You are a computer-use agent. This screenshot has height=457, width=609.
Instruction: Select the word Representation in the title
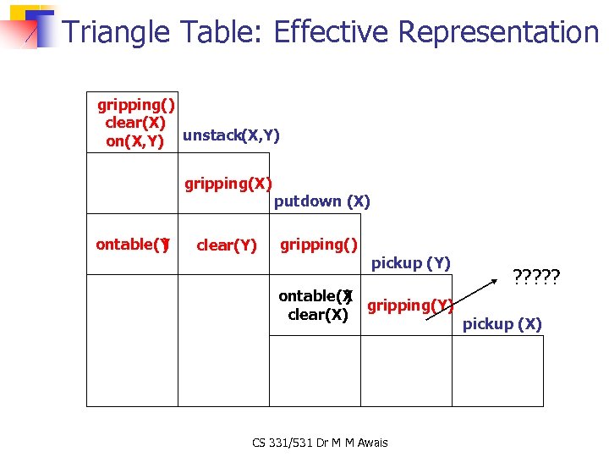pos(498,32)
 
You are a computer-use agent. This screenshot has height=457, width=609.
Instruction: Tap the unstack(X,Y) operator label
pos(231,135)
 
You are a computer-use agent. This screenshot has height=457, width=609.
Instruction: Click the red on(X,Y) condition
pos(134,142)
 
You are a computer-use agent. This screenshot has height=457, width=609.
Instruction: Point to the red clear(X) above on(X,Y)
pos(135,123)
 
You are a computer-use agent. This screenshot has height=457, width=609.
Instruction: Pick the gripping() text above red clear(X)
pos(136,105)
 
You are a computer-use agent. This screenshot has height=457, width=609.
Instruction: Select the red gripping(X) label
pos(228,184)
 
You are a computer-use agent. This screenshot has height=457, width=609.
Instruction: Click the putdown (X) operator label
pos(321,201)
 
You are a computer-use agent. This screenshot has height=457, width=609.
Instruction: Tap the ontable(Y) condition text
pos(133,245)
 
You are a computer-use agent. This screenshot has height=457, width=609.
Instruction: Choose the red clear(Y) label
pos(226,246)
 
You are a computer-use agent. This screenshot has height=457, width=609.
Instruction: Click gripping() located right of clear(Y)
pos(319,245)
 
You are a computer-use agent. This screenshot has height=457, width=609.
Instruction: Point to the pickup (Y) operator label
pos(411,263)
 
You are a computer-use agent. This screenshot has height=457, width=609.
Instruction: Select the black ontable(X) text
pos(315,296)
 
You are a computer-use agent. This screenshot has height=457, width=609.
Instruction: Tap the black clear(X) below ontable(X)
pos(317,315)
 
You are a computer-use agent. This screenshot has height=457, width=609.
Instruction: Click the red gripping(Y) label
pos(410,306)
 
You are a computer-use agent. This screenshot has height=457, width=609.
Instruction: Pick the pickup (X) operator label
pos(502,324)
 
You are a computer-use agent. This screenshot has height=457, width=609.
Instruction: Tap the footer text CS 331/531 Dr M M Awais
pos(320,443)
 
